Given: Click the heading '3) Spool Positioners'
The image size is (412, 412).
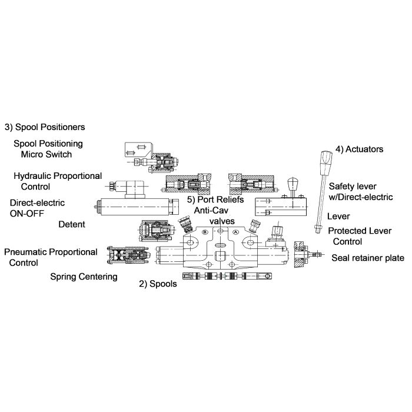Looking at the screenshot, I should pos(45,127).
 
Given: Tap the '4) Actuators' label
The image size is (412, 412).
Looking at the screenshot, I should pos(359,149).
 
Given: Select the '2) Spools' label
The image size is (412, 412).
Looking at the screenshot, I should pos(158,283).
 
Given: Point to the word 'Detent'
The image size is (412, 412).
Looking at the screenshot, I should pos(72,224).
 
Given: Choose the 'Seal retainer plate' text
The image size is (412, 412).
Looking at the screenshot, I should pos(368,258).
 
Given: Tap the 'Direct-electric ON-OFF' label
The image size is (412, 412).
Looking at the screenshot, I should pos(37,208).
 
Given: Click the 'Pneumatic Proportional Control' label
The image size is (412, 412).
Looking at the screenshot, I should pos(51,257).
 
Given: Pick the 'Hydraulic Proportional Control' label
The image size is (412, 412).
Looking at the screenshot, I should pos(58,181).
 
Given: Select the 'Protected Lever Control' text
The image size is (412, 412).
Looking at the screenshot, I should pos(357,236).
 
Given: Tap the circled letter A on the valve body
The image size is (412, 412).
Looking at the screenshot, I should pos(235,232).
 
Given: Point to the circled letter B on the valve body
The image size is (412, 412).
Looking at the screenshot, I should pos(205,232).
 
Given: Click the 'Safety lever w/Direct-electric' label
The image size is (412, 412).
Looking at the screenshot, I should pos(360,191).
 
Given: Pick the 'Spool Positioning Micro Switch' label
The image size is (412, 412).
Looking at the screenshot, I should pos(48,148).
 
